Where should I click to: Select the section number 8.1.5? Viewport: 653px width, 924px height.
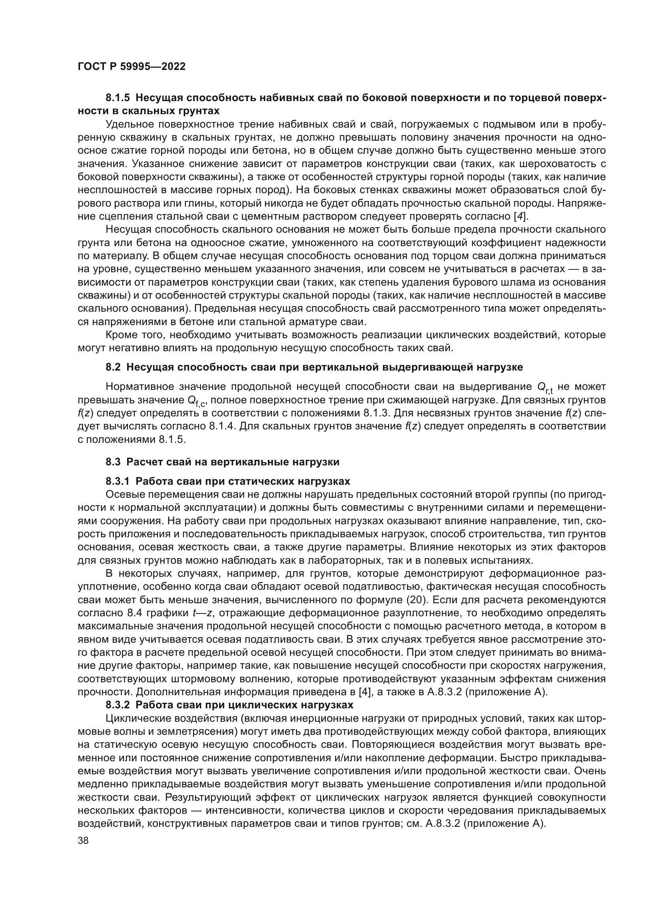coord(118,98)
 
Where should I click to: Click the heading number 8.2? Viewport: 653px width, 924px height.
coord(113,367)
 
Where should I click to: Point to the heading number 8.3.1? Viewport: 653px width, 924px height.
coord(118,481)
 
